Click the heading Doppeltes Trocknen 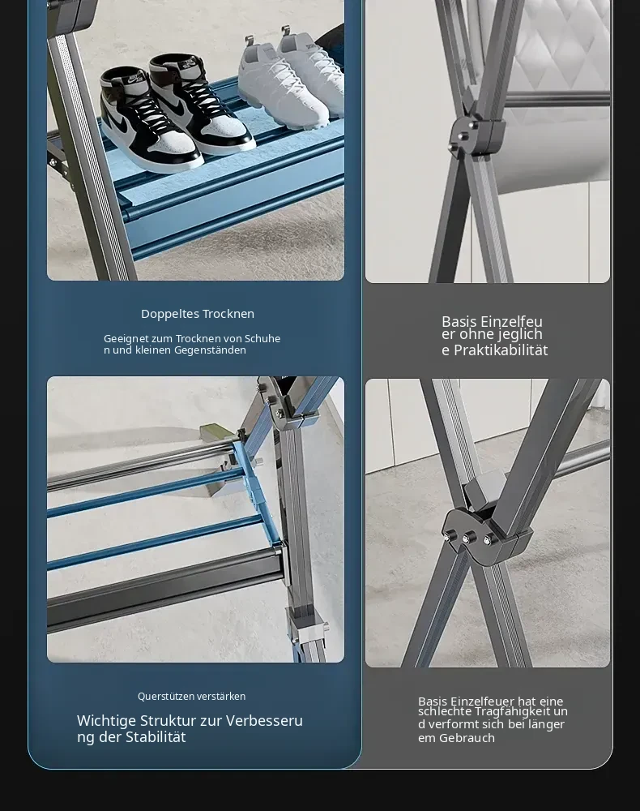198,314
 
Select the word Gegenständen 210,350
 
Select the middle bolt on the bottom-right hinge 466,539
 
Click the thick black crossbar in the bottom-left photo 164,586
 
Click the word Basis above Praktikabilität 459,321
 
